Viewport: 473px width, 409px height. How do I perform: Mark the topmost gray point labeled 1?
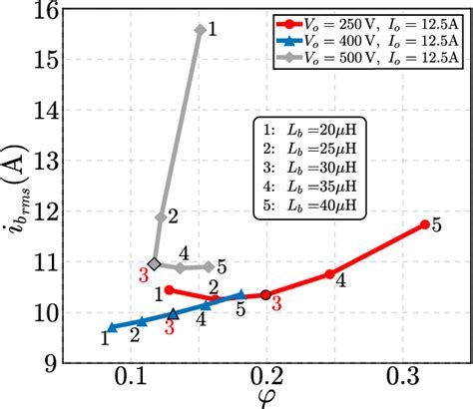tap(201, 30)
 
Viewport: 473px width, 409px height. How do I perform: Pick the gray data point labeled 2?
tap(161, 216)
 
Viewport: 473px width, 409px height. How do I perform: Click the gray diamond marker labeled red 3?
tap(154, 263)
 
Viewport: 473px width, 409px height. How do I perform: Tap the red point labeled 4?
tap(329, 273)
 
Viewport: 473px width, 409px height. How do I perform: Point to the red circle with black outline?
tap(265, 295)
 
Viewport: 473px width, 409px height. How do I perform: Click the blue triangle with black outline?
tap(174, 313)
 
